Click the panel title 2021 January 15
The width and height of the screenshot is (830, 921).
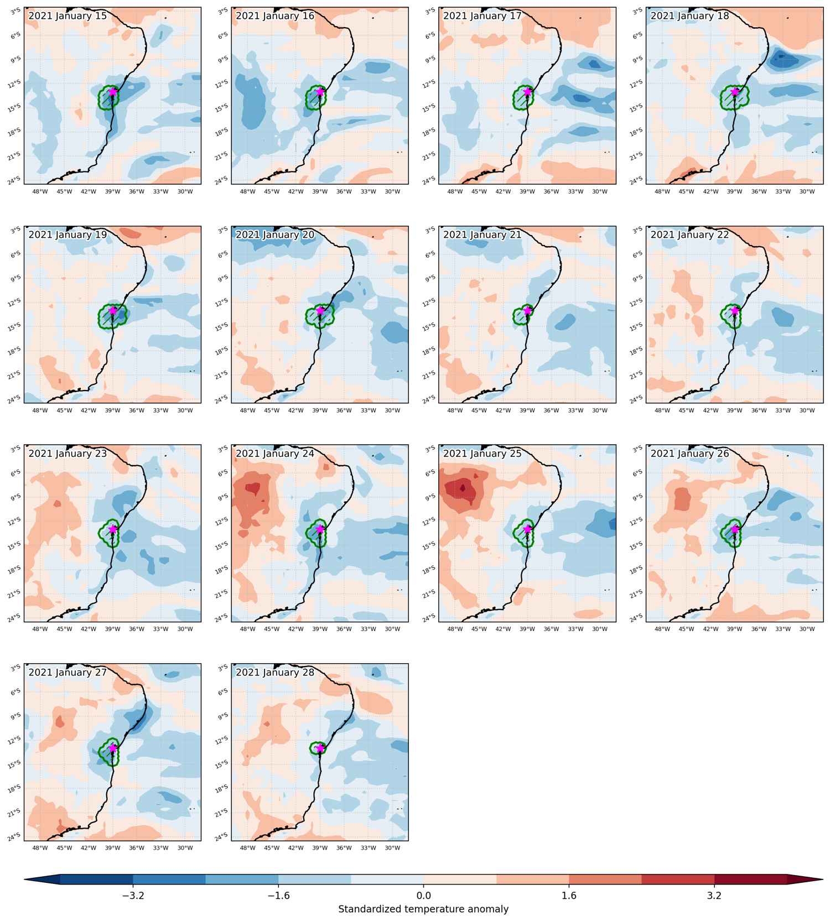[68, 16]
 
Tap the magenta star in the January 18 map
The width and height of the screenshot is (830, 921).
[735, 92]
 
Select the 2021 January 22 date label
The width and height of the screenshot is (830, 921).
[689, 235]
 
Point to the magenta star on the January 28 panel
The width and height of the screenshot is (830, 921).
[320, 748]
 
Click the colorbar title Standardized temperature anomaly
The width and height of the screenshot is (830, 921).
[423, 909]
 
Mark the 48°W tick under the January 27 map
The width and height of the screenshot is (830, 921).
[40, 848]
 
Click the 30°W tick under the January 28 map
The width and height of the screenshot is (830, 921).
[392, 848]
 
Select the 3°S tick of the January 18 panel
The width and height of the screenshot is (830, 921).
[637, 11]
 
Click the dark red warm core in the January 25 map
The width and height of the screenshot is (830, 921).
[464, 489]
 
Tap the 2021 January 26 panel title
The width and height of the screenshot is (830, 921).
[689, 454]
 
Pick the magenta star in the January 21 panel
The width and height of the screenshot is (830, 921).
[527, 310]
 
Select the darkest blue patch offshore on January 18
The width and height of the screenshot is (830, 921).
[781, 58]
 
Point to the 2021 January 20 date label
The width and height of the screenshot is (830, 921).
[275, 235]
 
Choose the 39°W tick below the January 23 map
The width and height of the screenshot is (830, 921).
[112, 629]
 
